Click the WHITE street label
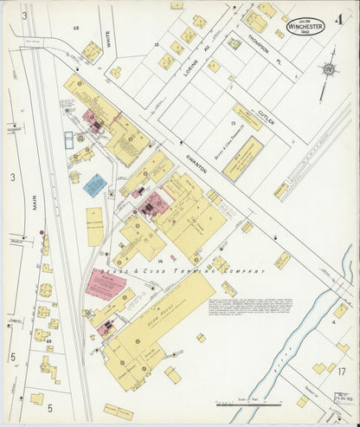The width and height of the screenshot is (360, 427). click(x=107, y=36)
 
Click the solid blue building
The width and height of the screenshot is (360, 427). click(x=95, y=185)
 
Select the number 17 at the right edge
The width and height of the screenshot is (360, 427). click(x=343, y=373)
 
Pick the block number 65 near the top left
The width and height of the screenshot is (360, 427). click(x=76, y=29)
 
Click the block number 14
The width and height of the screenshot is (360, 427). click(x=160, y=259)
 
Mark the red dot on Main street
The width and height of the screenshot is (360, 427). click(x=41, y=233)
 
